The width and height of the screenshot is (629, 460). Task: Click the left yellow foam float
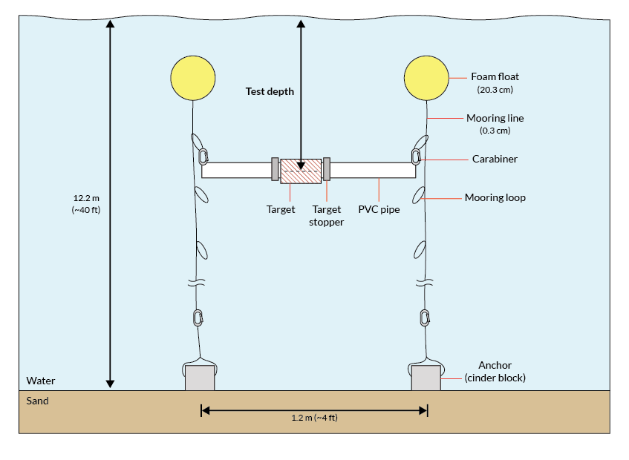tap(193, 78)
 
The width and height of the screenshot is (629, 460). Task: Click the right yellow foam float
tap(427, 78)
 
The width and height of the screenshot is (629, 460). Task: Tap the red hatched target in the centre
tap(299, 170)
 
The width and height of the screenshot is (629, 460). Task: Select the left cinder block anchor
tap(200, 378)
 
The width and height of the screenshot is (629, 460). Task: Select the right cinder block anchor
tap(426, 378)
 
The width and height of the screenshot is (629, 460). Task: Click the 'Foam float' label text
tap(495, 76)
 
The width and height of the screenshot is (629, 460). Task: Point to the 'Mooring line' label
tap(495, 118)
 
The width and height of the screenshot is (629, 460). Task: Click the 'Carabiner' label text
tap(495, 159)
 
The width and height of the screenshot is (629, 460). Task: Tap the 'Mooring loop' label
tap(495, 197)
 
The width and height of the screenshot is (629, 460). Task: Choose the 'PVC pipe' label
tap(380, 209)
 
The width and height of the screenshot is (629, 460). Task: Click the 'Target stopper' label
tap(327, 215)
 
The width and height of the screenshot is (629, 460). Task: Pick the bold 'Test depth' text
tap(270, 92)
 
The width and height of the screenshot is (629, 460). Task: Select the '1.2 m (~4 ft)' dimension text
tap(315, 418)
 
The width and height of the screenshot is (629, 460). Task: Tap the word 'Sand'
tap(37, 401)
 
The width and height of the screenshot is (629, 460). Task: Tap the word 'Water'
tap(41, 381)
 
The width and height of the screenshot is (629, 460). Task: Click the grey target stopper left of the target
tap(275, 170)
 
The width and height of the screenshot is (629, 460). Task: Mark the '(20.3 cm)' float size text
tap(495, 90)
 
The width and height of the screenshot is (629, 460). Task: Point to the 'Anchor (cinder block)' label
tap(495, 371)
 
